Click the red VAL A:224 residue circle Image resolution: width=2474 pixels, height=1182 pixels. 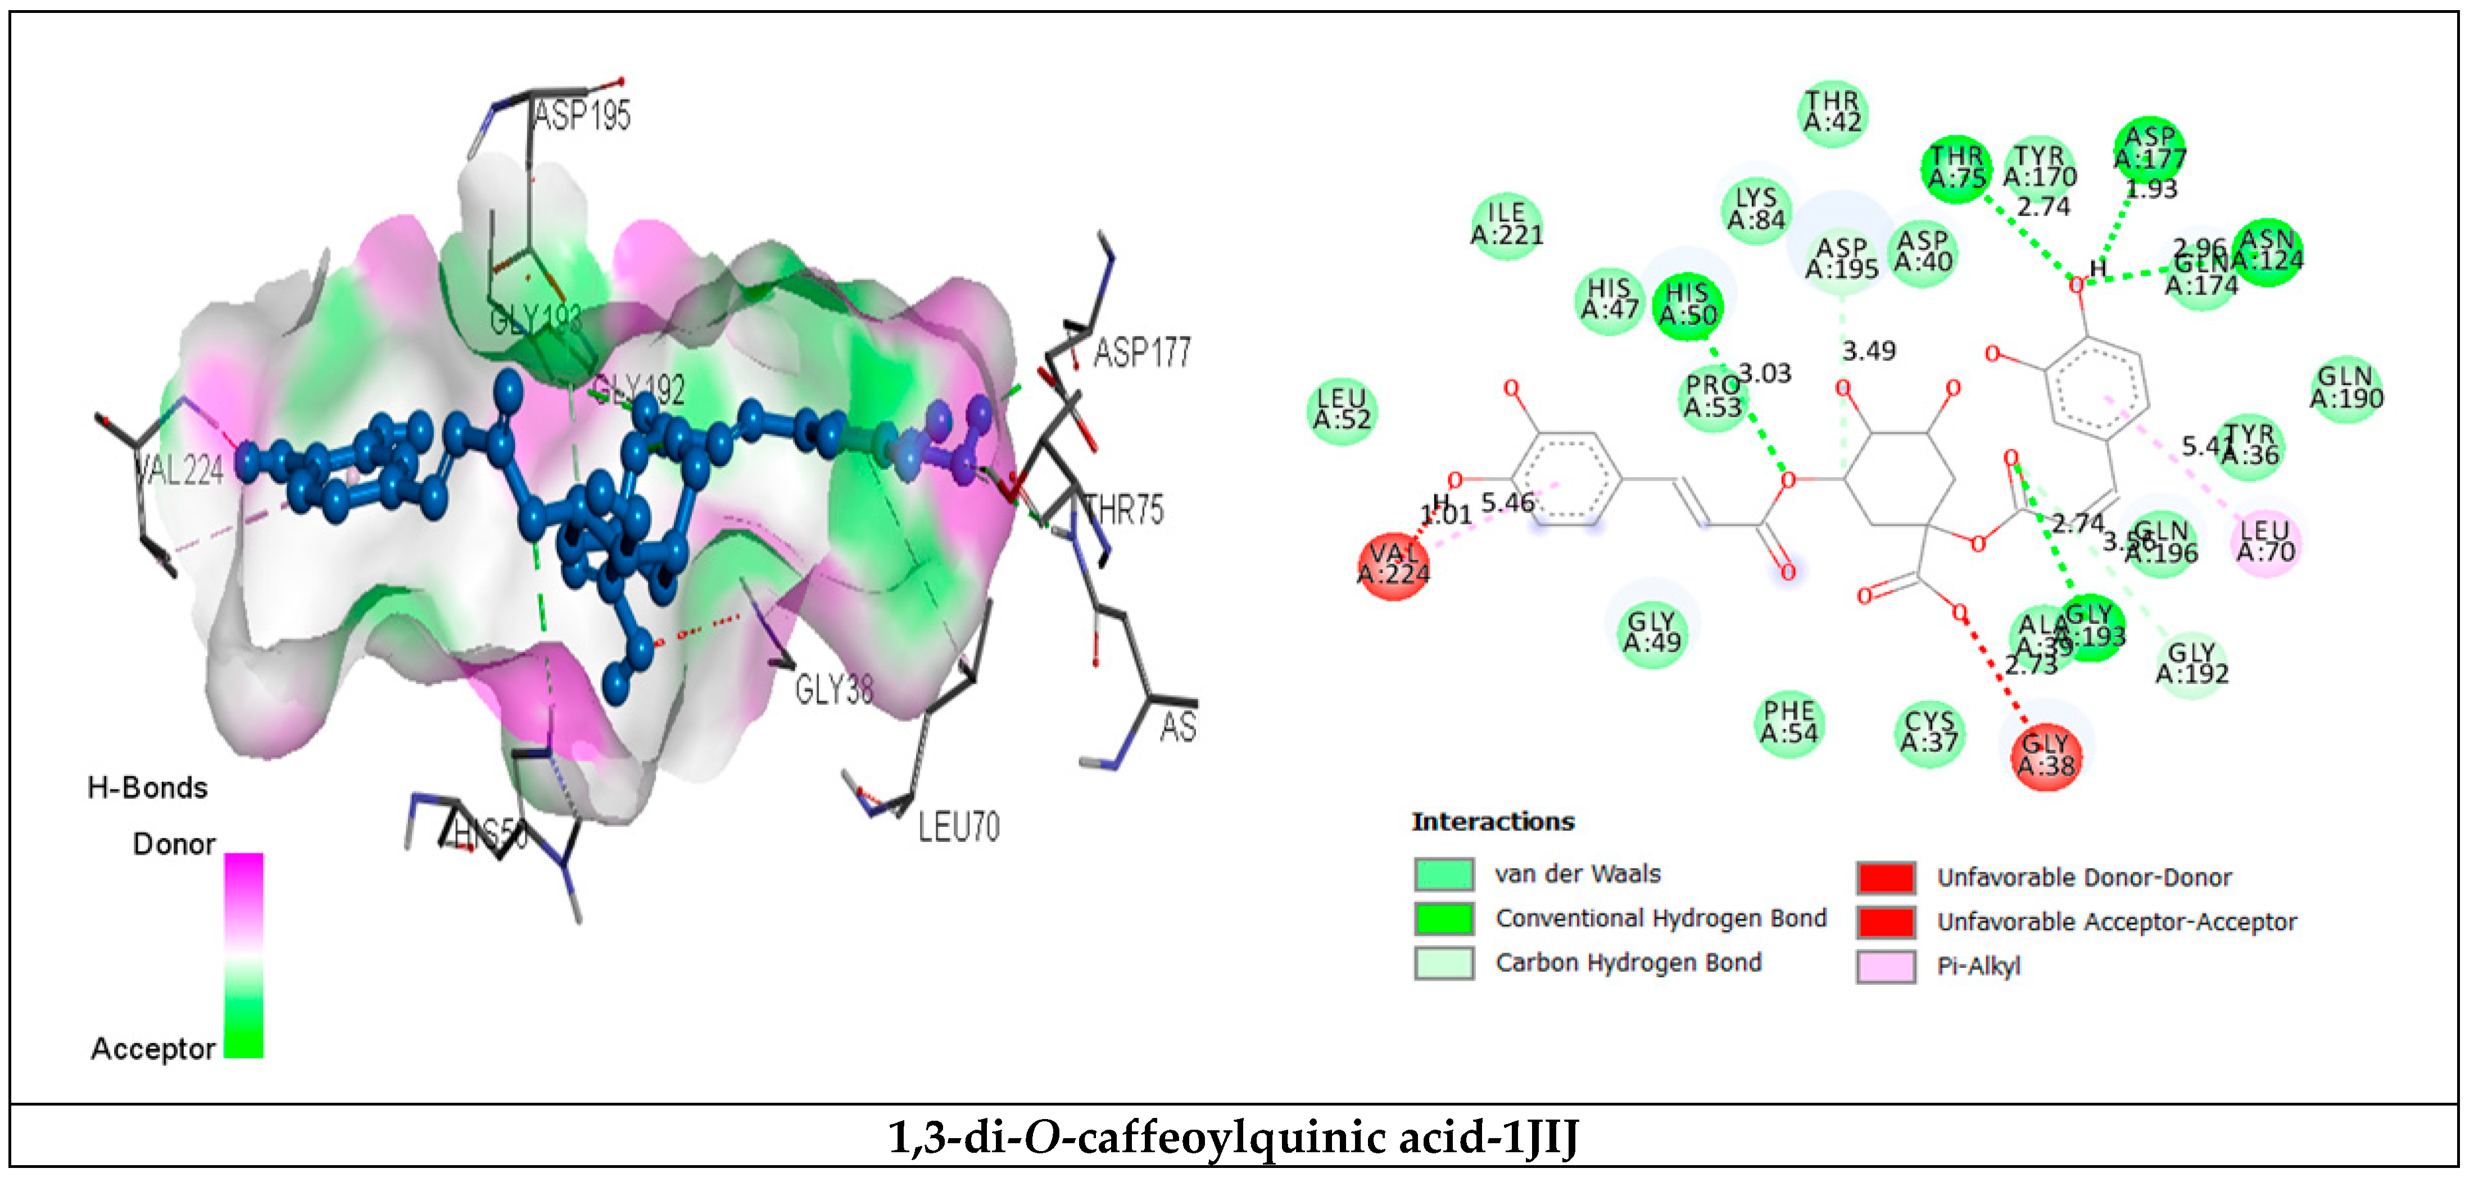click(1393, 565)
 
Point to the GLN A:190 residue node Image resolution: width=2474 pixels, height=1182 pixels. click(2346, 388)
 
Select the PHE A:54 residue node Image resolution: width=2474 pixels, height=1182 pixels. click(1788, 723)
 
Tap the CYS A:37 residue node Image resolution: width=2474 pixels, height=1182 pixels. click(1929, 732)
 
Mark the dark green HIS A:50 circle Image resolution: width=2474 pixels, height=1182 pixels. click(1687, 305)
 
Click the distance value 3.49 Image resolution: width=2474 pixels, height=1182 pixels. click(1868, 351)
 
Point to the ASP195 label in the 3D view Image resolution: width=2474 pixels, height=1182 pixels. click(582, 116)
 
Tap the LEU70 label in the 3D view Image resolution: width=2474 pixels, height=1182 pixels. click(958, 827)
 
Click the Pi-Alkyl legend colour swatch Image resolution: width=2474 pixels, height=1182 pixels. click(1884, 967)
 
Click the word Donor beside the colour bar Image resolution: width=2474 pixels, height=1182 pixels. click(174, 845)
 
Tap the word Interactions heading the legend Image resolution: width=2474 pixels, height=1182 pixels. click(1493, 822)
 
